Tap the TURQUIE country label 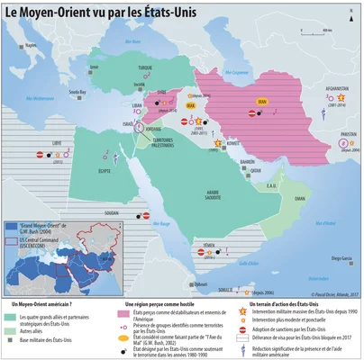(144, 67)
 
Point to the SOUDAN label (113, 214)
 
